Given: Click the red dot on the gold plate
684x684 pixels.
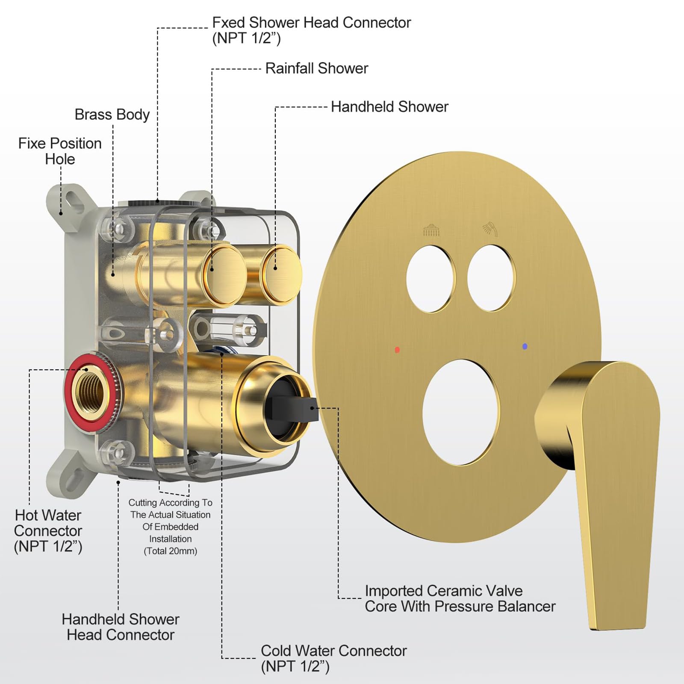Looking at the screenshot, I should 397,350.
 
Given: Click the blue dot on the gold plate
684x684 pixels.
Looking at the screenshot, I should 525,346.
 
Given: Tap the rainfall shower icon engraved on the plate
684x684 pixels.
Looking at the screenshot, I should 431,230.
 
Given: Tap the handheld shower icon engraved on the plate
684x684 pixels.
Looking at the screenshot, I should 490,229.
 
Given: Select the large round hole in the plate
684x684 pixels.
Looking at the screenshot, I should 461,412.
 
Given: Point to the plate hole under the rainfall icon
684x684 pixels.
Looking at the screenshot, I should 430,278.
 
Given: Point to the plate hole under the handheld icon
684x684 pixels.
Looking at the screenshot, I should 491,278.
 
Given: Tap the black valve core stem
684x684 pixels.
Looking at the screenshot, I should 295,408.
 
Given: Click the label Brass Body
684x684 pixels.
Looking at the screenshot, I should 112,115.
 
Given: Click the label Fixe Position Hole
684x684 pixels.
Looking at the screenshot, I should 60,151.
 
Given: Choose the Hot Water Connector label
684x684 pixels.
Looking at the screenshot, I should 48,531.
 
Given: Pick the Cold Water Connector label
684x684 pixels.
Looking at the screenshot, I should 333,658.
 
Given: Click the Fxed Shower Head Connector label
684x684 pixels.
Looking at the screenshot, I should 311,30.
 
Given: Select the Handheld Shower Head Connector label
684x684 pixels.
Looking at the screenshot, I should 121,627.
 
